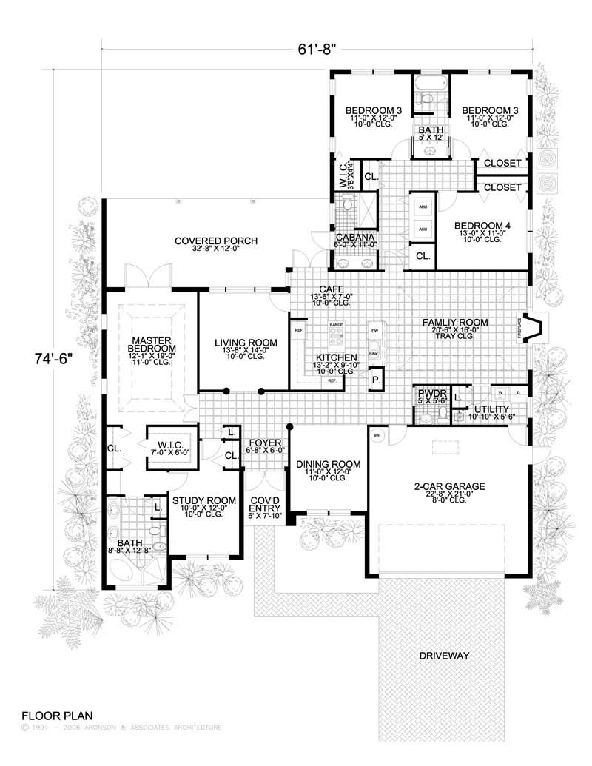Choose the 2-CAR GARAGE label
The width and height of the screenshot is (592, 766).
coord(448,486)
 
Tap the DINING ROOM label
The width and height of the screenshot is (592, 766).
coord(328,464)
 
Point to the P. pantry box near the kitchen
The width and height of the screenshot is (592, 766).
coord(376,380)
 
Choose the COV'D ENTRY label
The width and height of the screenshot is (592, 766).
coord(264,504)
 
